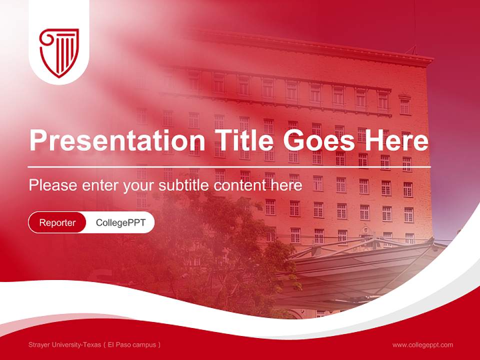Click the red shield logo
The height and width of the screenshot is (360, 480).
(59, 52)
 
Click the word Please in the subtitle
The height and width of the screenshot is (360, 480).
(53, 185)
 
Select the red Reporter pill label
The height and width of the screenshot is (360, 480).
(57, 222)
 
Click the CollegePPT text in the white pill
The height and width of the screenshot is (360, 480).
(120, 222)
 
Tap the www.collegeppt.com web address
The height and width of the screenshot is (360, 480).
(422, 344)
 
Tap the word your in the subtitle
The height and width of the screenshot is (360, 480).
(139, 185)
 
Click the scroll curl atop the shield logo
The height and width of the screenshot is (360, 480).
(46, 36)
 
